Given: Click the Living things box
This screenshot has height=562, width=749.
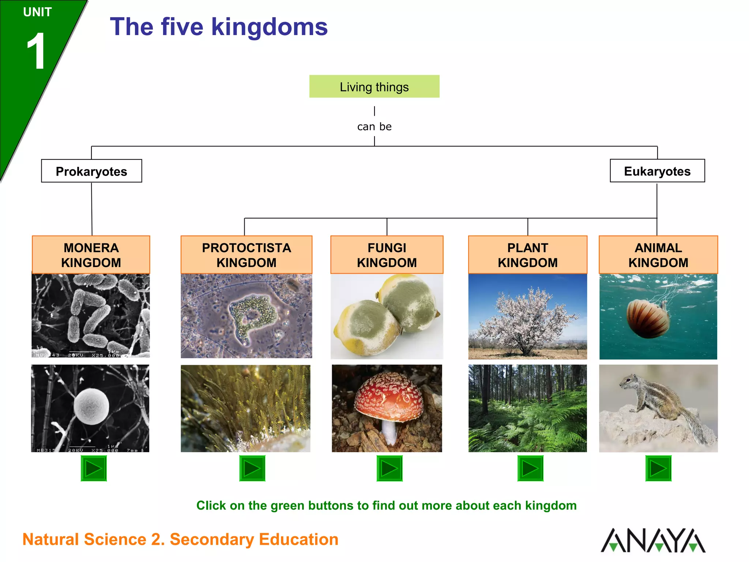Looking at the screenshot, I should (x=374, y=87).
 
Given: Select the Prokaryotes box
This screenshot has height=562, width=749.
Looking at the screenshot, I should (x=91, y=171).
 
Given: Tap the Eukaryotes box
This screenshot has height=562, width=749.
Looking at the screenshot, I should (x=657, y=171).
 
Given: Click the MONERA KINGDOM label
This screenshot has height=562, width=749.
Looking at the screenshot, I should (x=91, y=255).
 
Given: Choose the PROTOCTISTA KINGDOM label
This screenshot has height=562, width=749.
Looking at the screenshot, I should (x=246, y=255).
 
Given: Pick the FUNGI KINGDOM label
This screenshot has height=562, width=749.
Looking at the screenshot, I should (x=387, y=255).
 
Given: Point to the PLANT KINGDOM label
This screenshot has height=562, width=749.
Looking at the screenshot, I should (x=527, y=255).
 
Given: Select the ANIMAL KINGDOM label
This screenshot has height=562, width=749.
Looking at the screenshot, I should (x=658, y=255).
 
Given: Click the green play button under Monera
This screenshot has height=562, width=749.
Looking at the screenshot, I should (x=94, y=468).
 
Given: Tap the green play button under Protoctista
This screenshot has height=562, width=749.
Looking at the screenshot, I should (x=252, y=468).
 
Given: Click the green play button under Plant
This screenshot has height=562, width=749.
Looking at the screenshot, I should (x=530, y=468).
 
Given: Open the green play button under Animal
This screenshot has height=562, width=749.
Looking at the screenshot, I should (x=658, y=468).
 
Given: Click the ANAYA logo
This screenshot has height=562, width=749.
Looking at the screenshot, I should (x=653, y=540).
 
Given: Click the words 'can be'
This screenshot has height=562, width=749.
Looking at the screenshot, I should (x=374, y=127).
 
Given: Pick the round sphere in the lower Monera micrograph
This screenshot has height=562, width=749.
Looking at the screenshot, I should (x=91, y=406).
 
